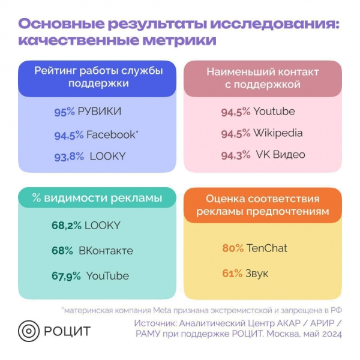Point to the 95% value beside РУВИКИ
(x=64, y=112)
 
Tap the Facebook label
(x=111, y=134)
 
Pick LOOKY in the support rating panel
(x=107, y=156)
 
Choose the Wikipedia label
(x=278, y=133)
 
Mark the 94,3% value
(x=236, y=155)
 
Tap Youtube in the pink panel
(x=274, y=111)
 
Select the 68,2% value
(x=66, y=226)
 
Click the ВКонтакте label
(x=106, y=251)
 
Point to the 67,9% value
(x=66, y=276)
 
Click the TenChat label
(x=267, y=248)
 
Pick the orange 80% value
(x=233, y=248)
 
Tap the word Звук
(x=257, y=274)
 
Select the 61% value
(x=232, y=274)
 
